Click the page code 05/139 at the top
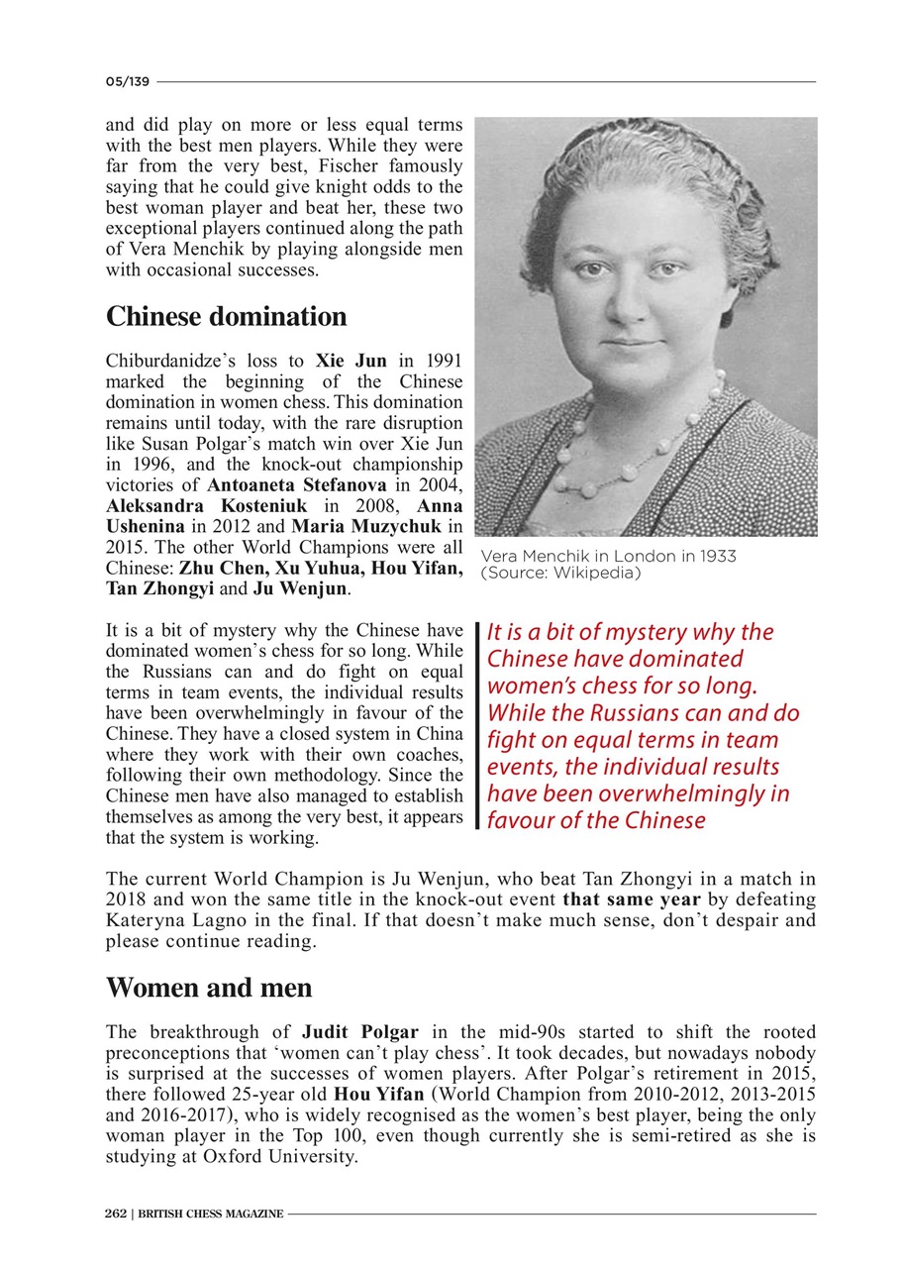tap(128, 81)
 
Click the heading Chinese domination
tap(226, 317)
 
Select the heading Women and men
tap(208, 988)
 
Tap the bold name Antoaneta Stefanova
tap(297, 485)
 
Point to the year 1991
tap(444, 362)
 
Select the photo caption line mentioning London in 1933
tap(608, 556)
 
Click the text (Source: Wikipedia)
tap(560, 573)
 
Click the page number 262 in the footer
tap(116, 1214)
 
